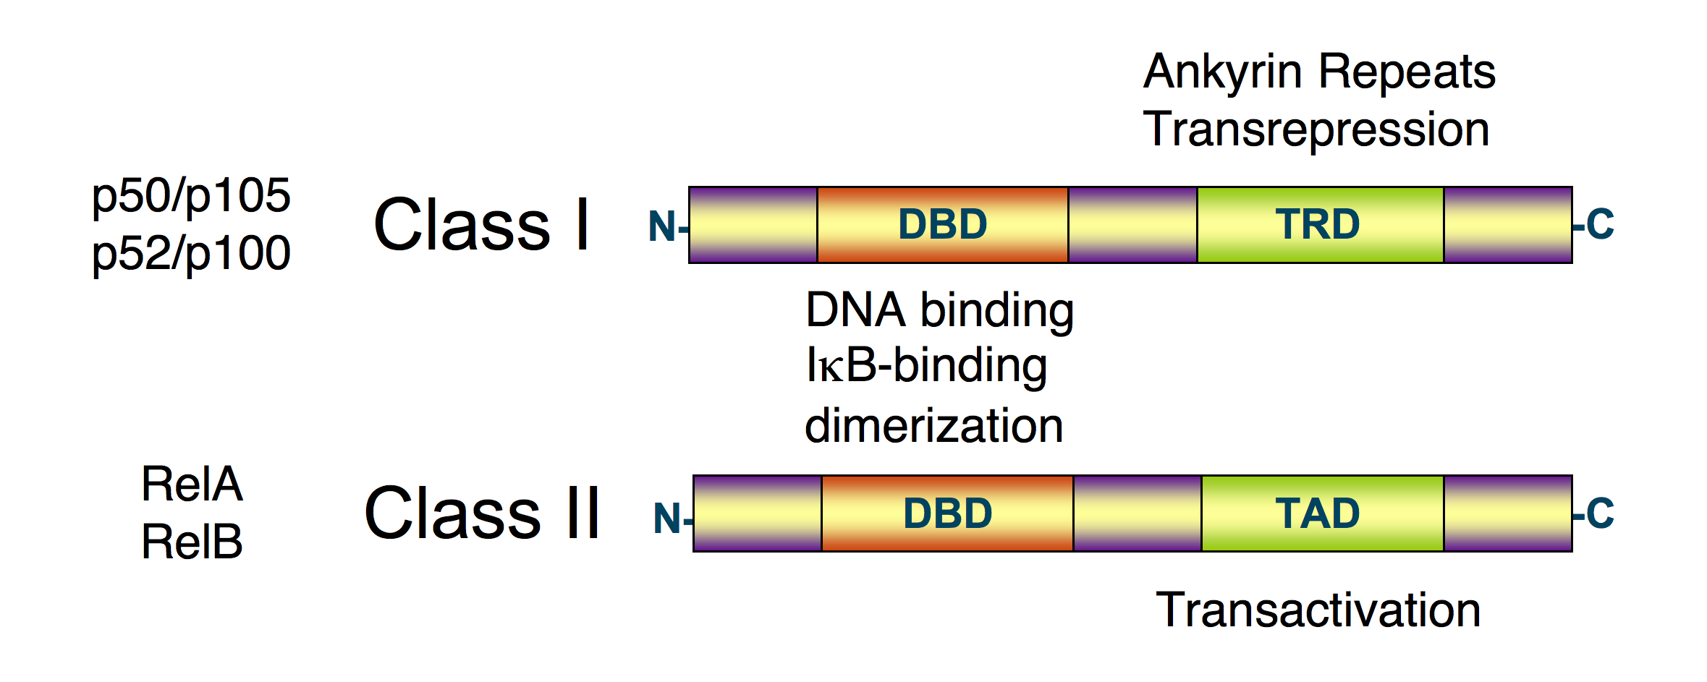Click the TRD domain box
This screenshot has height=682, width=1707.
pos(1319,224)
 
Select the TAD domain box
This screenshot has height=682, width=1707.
pos(1321,513)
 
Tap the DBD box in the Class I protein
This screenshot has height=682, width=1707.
pos(942,224)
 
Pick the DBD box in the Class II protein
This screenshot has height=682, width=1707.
pos(946,513)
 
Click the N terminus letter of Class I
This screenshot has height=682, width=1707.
pos(662,226)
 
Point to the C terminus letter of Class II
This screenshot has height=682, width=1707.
pos(1600,513)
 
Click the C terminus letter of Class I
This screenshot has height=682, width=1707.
pos(1600,224)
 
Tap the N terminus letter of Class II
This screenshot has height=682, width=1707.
pos(666,519)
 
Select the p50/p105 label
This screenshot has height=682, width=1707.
pos(191,195)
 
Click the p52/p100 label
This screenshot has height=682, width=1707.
pos(191,253)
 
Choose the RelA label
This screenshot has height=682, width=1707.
pos(192,484)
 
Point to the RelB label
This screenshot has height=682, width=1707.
pos(192,542)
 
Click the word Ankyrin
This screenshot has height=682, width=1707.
pos(1222,72)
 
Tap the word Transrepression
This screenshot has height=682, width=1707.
pos(1316,130)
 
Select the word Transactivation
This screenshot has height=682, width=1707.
pos(1318,610)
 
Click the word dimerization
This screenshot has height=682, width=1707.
pos(933,425)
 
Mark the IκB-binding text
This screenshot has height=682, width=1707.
pos(926,366)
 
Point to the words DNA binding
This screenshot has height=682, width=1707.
pos(939,310)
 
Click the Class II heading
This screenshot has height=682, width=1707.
pos(482,513)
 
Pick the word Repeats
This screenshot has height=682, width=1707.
pos(1407,72)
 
